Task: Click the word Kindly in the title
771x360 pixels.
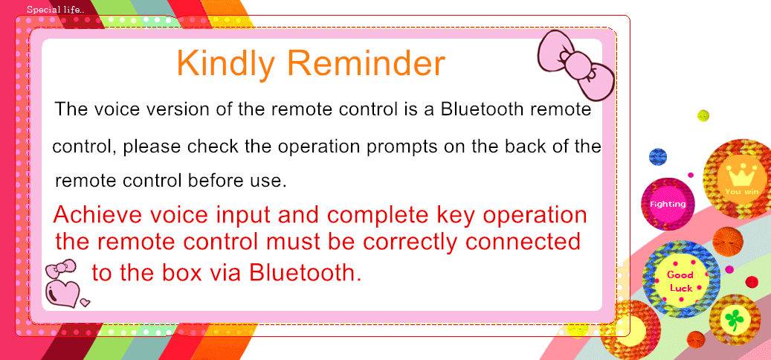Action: pos(227,64)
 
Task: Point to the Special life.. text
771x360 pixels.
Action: pos(56,10)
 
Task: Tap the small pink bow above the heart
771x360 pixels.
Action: pos(60,269)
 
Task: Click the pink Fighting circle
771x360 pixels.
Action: pos(668,204)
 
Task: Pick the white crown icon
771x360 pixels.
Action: pos(736,175)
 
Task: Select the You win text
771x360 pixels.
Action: pos(741,192)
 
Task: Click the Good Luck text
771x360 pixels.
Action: pos(681,281)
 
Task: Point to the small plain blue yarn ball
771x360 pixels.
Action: pos(658,157)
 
